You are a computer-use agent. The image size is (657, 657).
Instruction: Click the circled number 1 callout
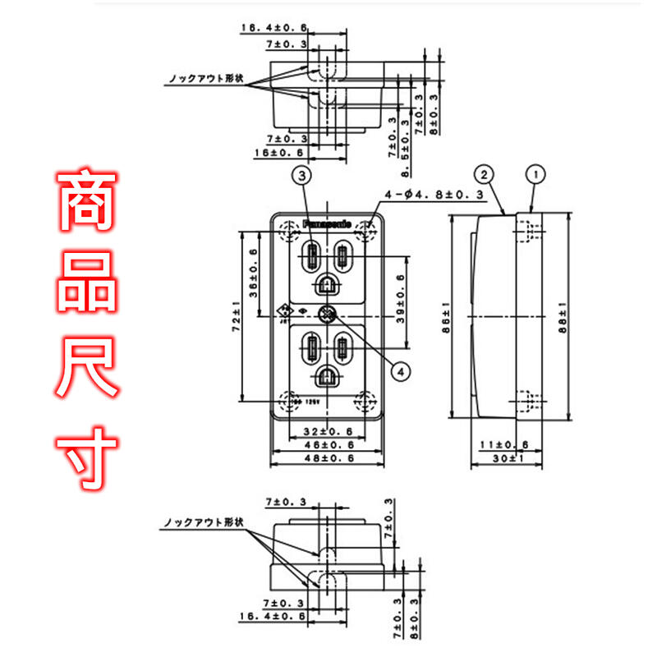pyautogui.click(x=535, y=174)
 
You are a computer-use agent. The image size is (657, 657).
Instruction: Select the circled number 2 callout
pyautogui.click(x=485, y=174)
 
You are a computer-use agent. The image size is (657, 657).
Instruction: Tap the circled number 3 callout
pyautogui.click(x=303, y=175)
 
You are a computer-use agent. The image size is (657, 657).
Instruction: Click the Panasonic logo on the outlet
pyautogui.click(x=327, y=223)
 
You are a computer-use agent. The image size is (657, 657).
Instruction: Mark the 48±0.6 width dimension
pyautogui.click(x=326, y=458)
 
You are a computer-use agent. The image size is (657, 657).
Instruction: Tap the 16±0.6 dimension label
pyautogui.click(x=284, y=153)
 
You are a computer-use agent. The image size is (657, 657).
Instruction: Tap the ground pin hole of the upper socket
pyautogui.click(x=326, y=283)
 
